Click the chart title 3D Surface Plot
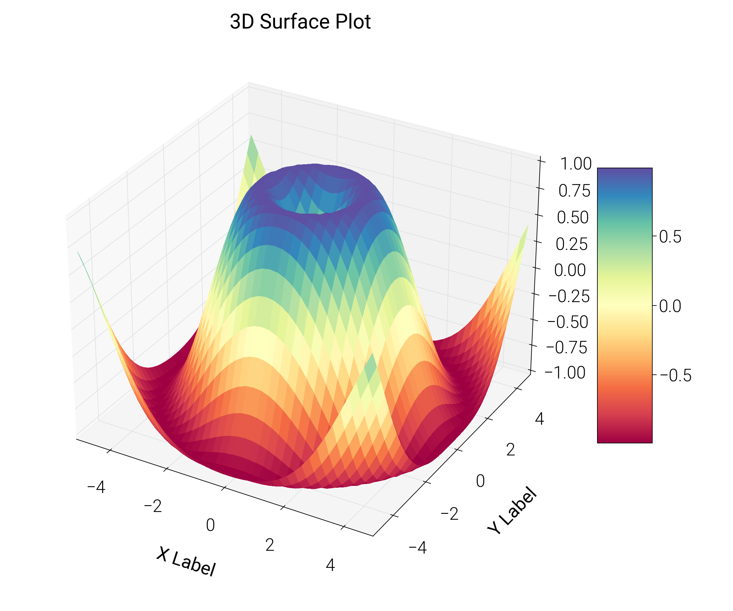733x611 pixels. [x=300, y=22]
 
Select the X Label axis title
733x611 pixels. [x=186, y=562]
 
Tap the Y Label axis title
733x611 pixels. [x=512, y=510]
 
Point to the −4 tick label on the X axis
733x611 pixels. [x=96, y=487]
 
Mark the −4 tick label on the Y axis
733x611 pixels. [x=417, y=547]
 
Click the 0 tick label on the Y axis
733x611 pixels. [x=480, y=481]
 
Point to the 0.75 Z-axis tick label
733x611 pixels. [x=574, y=191]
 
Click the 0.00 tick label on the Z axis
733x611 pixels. [x=570, y=270]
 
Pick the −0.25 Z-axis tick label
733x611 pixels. [x=569, y=296]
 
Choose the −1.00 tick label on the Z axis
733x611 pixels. [x=565, y=373]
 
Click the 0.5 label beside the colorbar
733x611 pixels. [x=670, y=237]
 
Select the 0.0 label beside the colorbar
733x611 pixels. [x=670, y=306]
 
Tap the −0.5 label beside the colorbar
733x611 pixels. [x=675, y=375]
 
